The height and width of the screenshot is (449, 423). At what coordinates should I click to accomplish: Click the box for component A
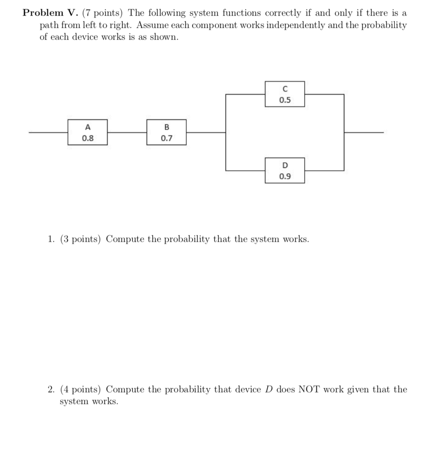(88, 132)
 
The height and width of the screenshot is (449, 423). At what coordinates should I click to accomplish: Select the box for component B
(166, 132)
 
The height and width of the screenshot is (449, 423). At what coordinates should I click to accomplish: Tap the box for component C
(285, 94)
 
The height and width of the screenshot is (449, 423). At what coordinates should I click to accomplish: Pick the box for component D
(285, 170)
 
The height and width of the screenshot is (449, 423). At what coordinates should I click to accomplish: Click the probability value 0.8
(88, 138)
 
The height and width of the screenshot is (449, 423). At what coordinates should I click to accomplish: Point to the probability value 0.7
(166, 138)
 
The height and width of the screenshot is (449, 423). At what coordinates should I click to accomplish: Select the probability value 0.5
(285, 100)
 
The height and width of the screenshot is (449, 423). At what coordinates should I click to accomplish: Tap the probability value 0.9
(285, 176)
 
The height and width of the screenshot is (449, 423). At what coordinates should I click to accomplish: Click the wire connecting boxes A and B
(127, 132)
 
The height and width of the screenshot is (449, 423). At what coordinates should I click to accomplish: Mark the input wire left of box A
(48, 132)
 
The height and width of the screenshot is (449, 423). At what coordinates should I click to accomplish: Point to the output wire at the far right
(364, 132)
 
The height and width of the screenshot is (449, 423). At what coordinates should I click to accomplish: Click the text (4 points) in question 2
(81, 390)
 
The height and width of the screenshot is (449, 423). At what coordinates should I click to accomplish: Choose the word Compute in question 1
(125, 239)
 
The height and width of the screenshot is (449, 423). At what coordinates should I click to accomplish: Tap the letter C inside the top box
(285, 89)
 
